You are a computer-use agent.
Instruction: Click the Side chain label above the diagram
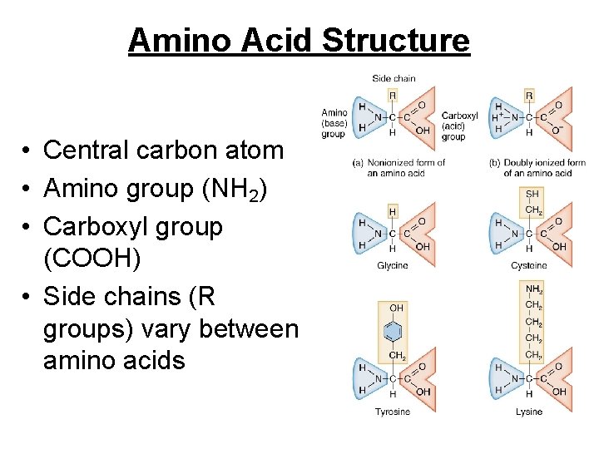coord(393,78)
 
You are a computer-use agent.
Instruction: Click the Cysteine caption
coord(529,265)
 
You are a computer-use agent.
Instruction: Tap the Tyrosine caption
coord(392,412)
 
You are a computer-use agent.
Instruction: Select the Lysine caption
coord(529,412)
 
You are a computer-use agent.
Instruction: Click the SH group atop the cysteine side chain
coord(532,194)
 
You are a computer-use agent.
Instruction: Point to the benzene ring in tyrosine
coord(392,333)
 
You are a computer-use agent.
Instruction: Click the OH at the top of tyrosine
coord(396,308)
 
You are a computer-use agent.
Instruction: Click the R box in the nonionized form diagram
coord(392,95)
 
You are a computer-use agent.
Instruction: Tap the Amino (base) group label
coord(334,122)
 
